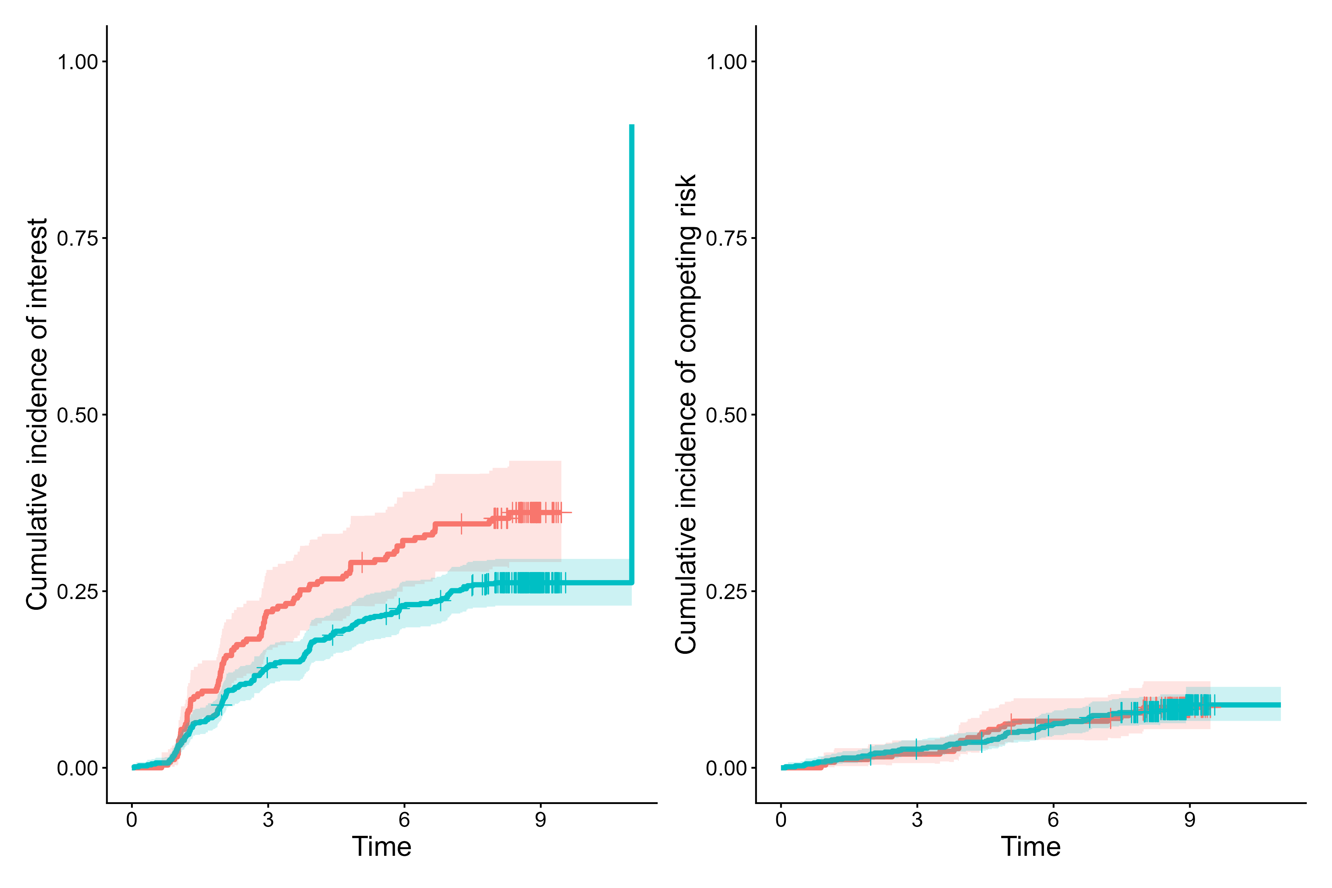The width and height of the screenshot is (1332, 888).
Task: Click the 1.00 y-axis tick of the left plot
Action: click(x=78, y=62)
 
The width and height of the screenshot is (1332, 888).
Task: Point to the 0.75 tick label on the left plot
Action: click(x=78, y=238)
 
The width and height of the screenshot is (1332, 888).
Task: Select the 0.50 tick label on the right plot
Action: click(x=727, y=415)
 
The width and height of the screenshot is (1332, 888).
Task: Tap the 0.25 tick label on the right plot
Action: click(x=727, y=592)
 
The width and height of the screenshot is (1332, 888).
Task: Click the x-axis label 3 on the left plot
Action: click(x=268, y=820)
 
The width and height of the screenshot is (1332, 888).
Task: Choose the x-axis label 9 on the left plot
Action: click(x=540, y=820)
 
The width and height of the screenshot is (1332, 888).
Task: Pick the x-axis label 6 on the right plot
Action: click(x=1053, y=820)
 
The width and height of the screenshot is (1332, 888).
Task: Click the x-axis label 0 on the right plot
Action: click(x=781, y=820)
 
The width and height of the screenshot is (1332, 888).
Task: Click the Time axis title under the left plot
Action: click(x=382, y=847)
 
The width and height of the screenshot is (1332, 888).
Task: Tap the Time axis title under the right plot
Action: click(x=1031, y=847)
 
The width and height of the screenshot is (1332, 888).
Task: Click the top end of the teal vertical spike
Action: click(x=632, y=126)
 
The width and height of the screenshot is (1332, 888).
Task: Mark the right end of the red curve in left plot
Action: click(x=571, y=512)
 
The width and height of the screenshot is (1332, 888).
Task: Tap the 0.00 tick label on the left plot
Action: click(x=78, y=768)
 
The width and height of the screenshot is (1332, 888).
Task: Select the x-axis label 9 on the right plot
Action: click(x=1189, y=820)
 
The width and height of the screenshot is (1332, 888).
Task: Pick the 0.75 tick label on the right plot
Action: click(x=727, y=238)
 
